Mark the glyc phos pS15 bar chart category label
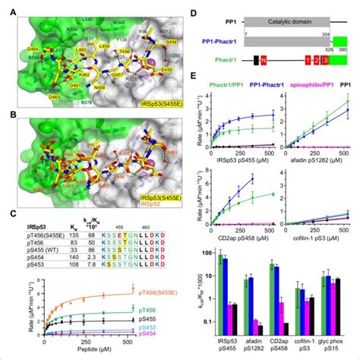(334, 349)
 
